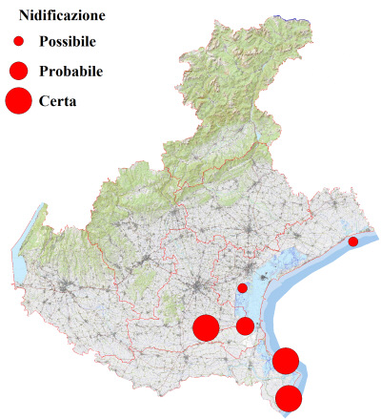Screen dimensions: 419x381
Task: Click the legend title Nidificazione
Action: (62, 16)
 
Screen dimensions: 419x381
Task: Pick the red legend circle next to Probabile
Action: (18, 71)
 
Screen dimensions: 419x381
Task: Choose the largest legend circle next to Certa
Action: (18, 99)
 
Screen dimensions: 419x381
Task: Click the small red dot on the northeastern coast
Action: (352, 242)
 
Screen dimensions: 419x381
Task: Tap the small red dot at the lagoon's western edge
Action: (242, 287)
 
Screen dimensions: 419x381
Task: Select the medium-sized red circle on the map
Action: (245, 326)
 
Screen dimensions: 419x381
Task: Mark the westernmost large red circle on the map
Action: (206, 327)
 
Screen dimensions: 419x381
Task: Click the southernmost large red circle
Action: (289, 398)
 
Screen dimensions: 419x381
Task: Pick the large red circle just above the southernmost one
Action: (286, 361)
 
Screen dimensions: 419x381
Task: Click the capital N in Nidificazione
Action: (25, 16)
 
